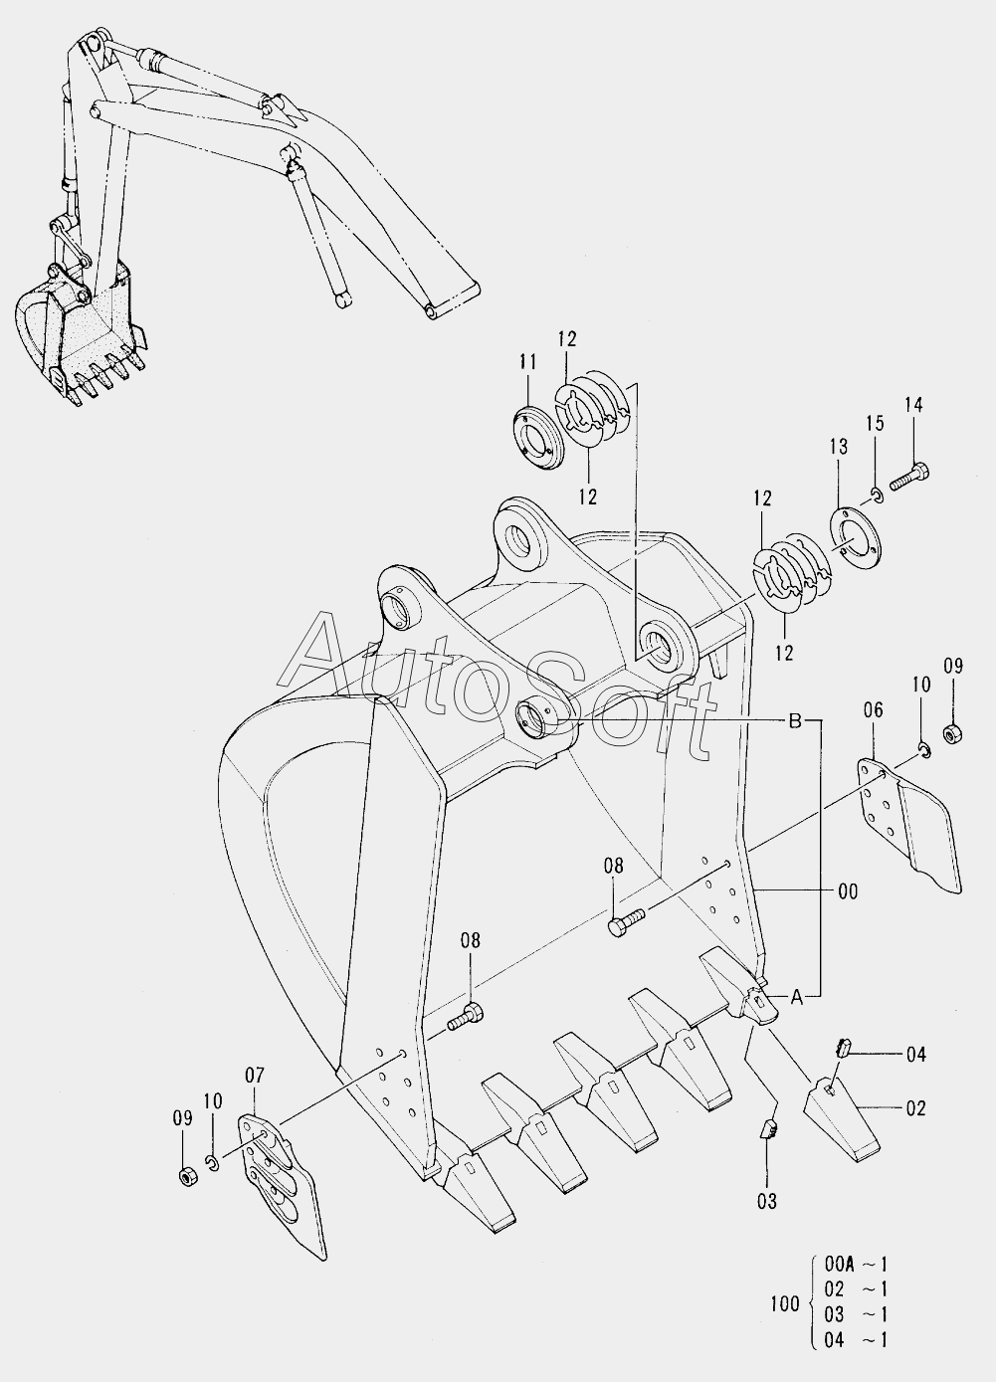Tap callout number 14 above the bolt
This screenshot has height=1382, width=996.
pyautogui.click(x=913, y=404)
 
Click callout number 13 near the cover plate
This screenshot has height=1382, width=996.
pyautogui.click(x=838, y=447)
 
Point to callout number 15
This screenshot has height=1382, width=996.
pyautogui.click(x=873, y=424)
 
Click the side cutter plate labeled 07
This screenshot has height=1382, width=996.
pyautogui.click(x=284, y=1184)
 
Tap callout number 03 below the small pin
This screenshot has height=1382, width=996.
pyautogui.click(x=765, y=1202)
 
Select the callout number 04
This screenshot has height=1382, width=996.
pyautogui.click(x=914, y=1055)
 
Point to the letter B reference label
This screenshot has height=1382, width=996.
pyautogui.click(x=795, y=721)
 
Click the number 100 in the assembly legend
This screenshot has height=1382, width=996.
pyautogui.click(x=785, y=1303)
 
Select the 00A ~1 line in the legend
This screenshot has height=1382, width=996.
pyautogui.click(x=856, y=1266)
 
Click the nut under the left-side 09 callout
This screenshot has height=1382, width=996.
pyautogui.click(x=185, y=1176)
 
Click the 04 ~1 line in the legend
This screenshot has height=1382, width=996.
pyautogui.click(x=856, y=1339)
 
